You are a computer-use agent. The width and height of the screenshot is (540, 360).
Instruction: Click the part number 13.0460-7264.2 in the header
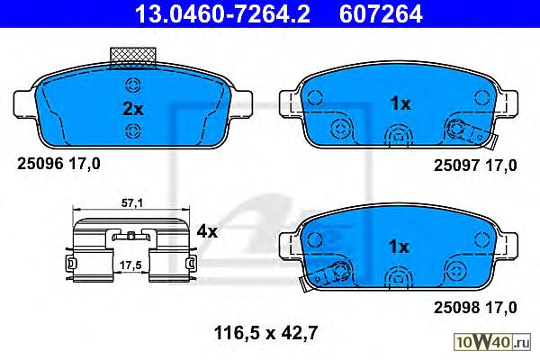[x=223, y=14]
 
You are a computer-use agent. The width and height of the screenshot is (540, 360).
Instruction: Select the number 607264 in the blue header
[x=381, y=14]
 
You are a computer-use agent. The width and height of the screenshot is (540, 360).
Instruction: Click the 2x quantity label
[x=133, y=109]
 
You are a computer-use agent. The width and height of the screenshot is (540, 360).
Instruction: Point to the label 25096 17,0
[x=58, y=164]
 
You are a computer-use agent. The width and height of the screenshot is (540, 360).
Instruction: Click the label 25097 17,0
[x=475, y=166]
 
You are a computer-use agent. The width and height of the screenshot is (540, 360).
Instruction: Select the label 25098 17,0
[x=475, y=307]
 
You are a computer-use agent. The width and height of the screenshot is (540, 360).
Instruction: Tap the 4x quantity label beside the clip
[x=207, y=231]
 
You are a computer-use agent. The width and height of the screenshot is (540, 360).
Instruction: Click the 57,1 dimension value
[x=132, y=203]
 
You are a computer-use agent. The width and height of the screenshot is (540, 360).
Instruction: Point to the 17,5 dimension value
[x=130, y=265]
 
